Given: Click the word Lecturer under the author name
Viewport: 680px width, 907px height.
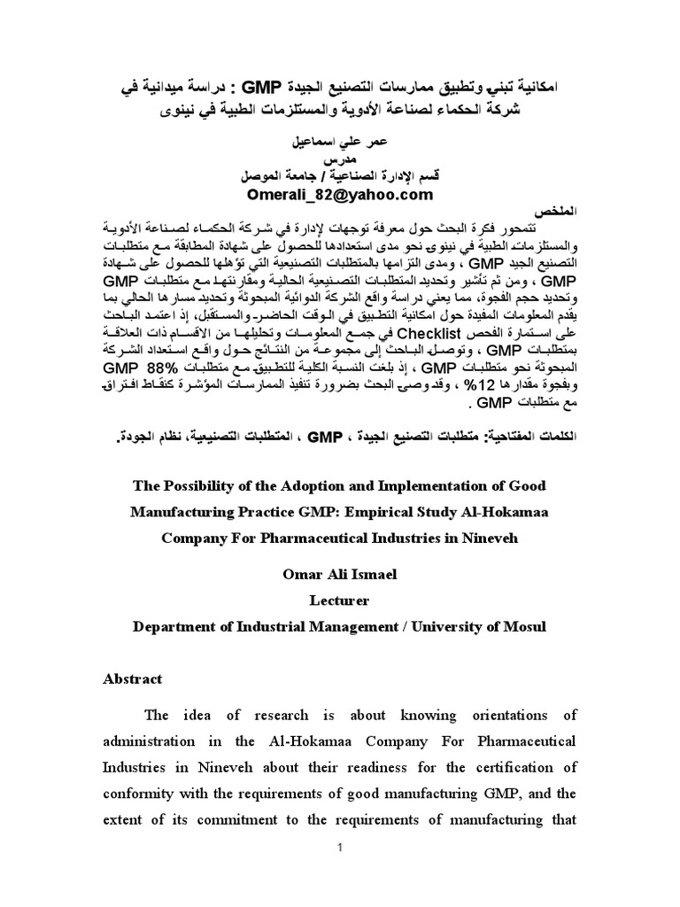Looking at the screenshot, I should tap(338, 600).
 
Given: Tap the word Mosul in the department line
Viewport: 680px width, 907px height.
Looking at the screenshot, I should tap(524, 625).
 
